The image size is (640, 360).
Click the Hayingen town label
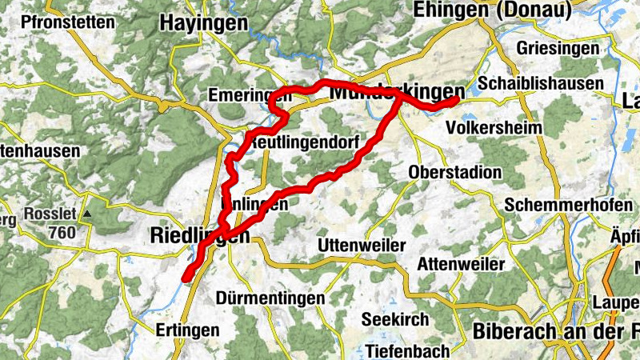[203, 23]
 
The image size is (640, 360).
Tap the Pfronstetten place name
[69, 22]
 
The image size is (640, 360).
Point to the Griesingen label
[558, 49]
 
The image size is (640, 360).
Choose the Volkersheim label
[494, 127]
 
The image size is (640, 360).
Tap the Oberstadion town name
[454, 172]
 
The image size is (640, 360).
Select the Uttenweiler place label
[362, 244]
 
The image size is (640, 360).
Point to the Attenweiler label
[461, 264]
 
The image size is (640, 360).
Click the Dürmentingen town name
[270, 298]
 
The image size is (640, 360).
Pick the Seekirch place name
[395, 319]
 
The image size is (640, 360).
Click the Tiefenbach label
[406, 350]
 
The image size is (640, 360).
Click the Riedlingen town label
[200, 235]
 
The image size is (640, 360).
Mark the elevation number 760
[61, 233]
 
